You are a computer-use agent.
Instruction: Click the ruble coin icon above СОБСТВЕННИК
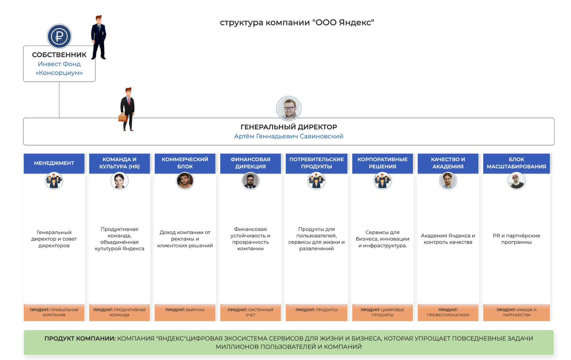59,36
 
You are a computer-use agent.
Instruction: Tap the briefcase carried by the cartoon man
123,117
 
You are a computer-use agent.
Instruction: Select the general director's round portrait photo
289,108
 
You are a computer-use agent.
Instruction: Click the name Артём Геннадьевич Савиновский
289,136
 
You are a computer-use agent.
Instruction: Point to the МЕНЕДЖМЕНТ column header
54,163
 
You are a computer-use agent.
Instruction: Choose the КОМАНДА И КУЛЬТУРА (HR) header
119,163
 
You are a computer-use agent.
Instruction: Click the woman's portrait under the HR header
119,181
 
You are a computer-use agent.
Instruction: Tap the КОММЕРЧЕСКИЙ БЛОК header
185,163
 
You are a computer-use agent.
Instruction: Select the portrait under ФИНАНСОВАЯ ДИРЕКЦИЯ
250,181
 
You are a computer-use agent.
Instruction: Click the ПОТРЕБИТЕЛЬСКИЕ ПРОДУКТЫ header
316,163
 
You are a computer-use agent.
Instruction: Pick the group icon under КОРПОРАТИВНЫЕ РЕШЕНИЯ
382,181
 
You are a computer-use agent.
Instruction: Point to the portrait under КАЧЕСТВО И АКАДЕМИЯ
448,181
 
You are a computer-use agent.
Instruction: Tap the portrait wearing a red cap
516,181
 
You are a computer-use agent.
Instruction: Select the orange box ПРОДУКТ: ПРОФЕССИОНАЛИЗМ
448,312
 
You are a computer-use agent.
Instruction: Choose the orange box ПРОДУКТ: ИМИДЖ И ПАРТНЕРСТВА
516,312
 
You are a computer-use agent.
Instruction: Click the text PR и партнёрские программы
516,239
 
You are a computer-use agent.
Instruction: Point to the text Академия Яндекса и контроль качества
448,239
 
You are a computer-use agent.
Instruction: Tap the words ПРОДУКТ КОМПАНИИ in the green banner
80,338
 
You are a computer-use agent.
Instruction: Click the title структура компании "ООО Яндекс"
297,23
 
